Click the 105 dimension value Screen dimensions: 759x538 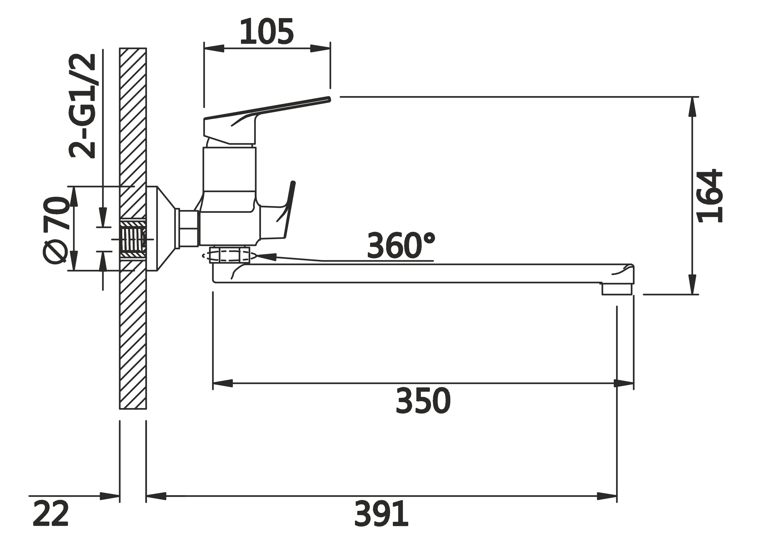(x=267, y=31)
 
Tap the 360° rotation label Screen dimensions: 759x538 (x=401, y=245)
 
